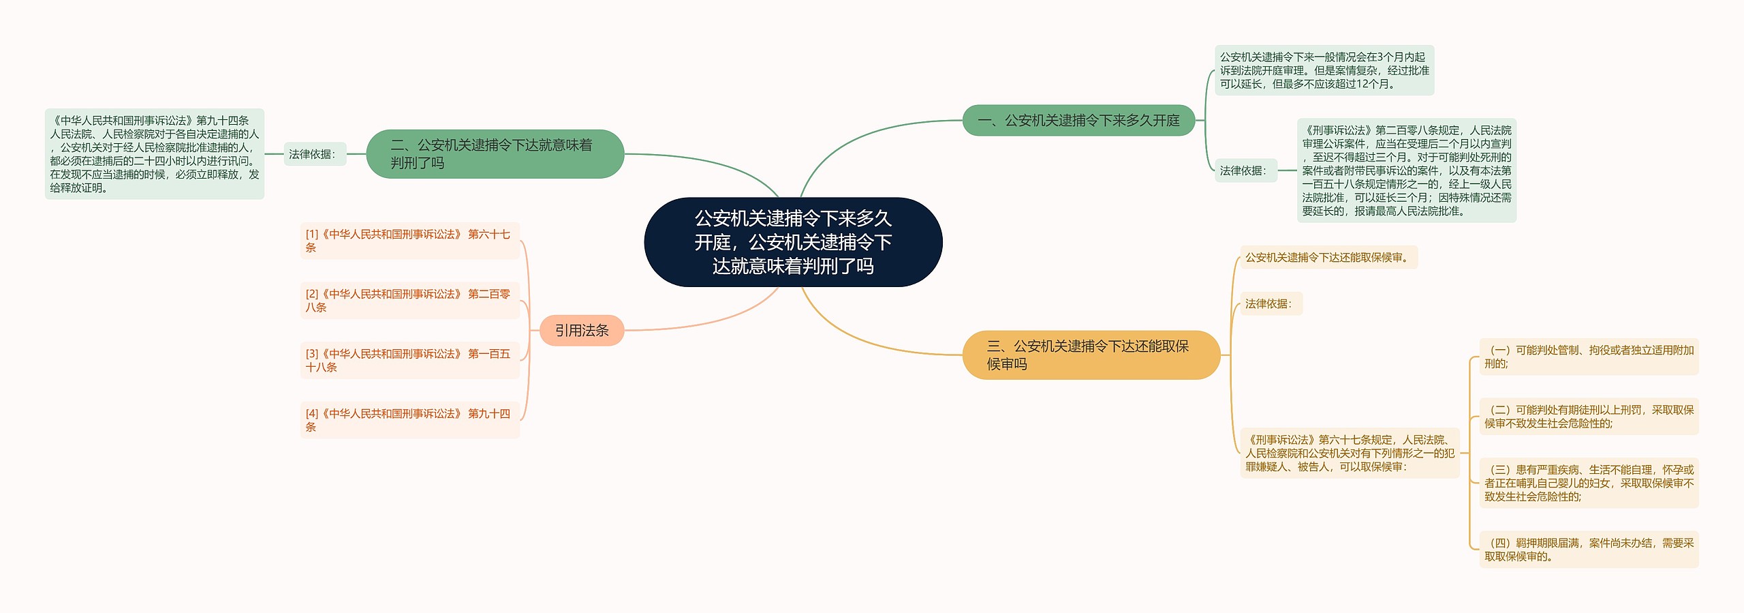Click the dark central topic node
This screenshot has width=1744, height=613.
[793, 242]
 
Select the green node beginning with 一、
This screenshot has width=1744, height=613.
[1078, 121]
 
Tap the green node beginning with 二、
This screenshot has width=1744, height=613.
[495, 154]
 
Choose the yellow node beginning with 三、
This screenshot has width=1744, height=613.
[1090, 355]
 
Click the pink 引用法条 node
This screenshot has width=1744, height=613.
[582, 331]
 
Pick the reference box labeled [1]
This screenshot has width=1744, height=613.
[409, 241]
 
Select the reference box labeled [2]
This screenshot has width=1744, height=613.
[409, 301]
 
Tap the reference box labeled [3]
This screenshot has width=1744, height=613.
[409, 361]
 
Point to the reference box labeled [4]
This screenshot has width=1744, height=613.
[409, 420]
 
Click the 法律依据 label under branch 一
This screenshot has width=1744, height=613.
[1245, 170]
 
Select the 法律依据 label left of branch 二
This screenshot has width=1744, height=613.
[313, 154]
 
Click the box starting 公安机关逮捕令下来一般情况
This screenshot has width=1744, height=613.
[1324, 71]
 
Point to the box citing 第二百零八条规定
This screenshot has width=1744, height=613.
[1406, 170]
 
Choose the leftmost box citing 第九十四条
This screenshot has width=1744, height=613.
[155, 154]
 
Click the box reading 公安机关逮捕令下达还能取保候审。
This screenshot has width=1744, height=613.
[1328, 258]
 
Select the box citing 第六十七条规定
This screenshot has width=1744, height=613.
[1350, 453]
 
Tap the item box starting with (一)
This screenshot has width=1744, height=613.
[1589, 357]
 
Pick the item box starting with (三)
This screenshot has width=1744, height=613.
[1589, 483]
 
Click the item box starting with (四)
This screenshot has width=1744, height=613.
[1589, 550]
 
